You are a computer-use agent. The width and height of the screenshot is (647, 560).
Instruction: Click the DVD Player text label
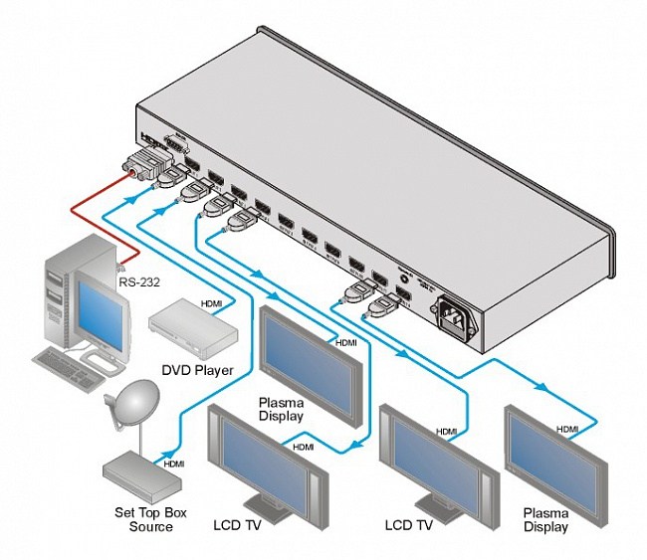click(197, 370)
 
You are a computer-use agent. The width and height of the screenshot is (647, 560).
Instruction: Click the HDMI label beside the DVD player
click(212, 302)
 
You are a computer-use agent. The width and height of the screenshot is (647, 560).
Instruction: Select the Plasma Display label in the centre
click(282, 409)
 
